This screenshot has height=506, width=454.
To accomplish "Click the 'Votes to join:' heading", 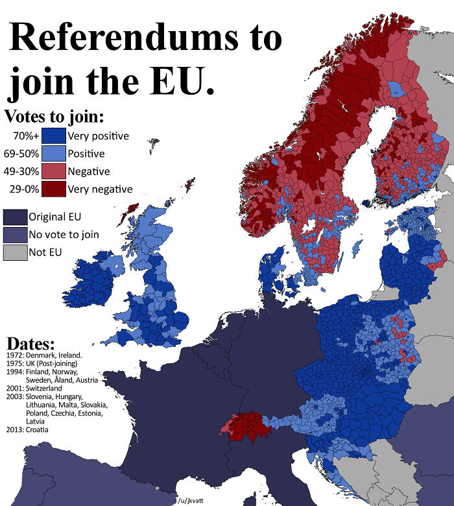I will pyautogui.click(x=54, y=117).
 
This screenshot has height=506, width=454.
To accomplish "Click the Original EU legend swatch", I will pyautogui.click(x=14, y=217).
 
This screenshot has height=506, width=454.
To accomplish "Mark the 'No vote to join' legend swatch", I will pyautogui.click(x=14, y=234).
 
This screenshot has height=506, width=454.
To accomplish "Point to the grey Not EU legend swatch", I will pyautogui.click(x=14, y=252).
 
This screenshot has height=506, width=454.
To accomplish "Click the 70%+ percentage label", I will pyautogui.click(x=27, y=136).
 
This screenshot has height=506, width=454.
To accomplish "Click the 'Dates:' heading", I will pyautogui.click(x=30, y=344).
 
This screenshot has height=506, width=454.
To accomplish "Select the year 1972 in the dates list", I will pyautogui.click(x=14, y=355).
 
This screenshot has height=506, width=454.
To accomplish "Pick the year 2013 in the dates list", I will pyautogui.click(x=14, y=429).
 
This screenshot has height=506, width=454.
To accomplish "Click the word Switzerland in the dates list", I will pyautogui.click(x=44, y=388).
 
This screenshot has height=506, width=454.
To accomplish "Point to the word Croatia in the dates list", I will pyautogui.click(x=40, y=429).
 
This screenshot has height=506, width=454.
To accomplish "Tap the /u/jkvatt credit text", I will pyautogui.click(x=190, y=500).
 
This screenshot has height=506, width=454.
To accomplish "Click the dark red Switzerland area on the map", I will pyautogui.click(x=249, y=426).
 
